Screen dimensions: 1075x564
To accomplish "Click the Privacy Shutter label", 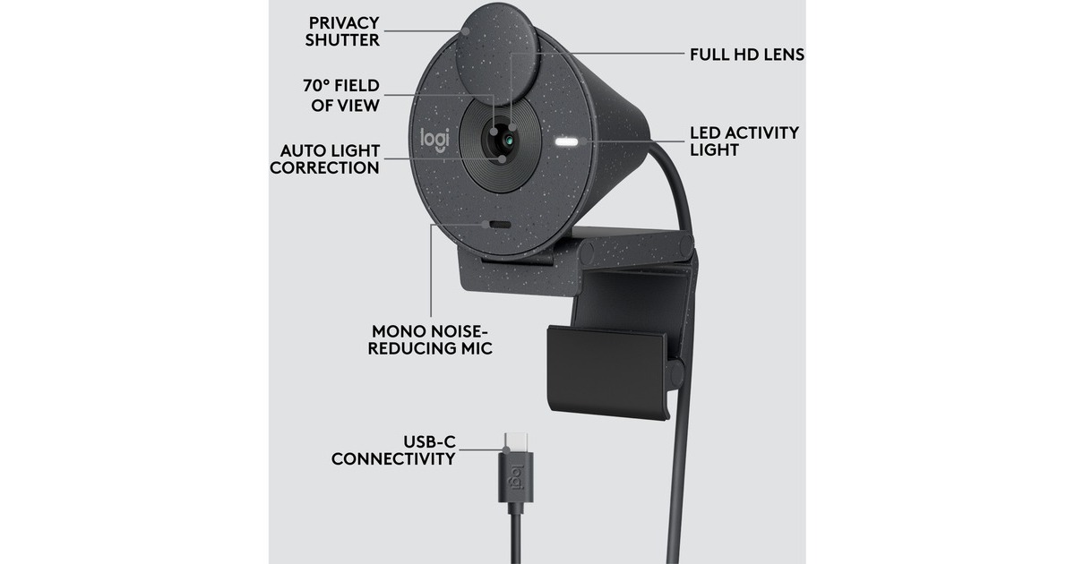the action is [x=342, y=31].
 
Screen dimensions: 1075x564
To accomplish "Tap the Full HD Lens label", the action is [x=747, y=55].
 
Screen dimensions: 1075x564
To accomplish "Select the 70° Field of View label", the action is [x=341, y=96].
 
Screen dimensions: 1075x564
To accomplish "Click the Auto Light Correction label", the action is [x=325, y=159].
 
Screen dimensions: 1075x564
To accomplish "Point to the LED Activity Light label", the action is [x=744, y=141].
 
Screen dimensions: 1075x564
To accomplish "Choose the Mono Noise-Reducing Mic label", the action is [x=430, y=339].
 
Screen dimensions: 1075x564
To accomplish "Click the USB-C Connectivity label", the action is [x=393, y=449].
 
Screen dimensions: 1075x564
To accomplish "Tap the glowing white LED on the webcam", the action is [x=566, y=142].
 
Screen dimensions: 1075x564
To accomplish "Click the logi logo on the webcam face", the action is [x=434, y=140].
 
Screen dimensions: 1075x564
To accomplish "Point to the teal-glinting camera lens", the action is [x=509, y=141].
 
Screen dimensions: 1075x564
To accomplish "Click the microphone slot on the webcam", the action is [x=500, y=225].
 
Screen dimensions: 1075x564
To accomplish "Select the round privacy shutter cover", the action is [x=495, y=54].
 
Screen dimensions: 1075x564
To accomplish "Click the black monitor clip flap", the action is [x=607, y=372].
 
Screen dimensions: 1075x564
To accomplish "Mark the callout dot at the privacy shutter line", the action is [x=465, y=31].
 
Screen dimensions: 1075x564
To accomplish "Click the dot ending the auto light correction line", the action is [x=502, y=158].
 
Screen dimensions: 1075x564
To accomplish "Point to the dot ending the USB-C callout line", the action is [x=506, y=449].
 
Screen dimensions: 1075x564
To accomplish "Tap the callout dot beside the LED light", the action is [x=584, y=141].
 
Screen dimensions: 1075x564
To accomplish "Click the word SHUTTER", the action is [x=342, y=39].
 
